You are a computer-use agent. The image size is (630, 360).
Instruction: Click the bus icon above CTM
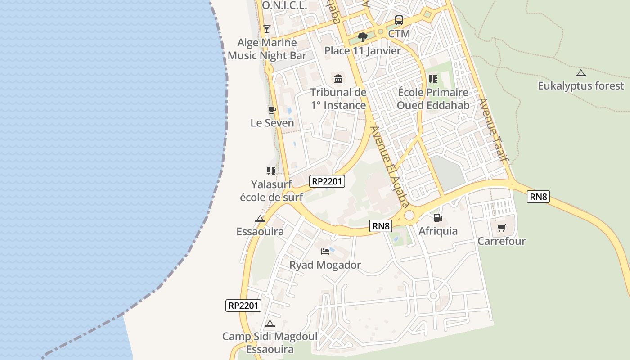pyautogui.click(x=399, y=20)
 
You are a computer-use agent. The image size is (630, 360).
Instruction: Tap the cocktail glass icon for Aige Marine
pyautogui.click(x=267, y=29)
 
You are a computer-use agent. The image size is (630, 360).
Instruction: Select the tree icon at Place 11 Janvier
pyautogui.click(x=362, y=37)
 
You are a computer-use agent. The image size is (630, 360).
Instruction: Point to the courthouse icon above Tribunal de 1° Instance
pyautogui.click(x=338, y=79)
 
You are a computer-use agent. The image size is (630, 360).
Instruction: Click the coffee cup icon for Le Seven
pyautogui.click(x=272, y=110)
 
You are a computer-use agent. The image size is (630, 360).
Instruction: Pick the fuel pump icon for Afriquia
pyautogui.click(x=438, y=218)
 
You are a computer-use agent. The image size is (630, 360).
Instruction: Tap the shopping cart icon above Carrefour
pyautogui.click(x=501, y=228)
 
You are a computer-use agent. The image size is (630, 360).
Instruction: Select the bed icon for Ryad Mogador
pyautogui.click(x=325, y=252)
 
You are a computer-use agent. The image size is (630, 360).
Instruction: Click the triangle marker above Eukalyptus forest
pyautogui.click(x=581, y=73)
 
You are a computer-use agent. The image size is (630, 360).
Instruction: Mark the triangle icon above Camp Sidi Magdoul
pyautogui.click(x=270, y=324)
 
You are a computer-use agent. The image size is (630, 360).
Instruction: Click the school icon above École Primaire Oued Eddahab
pyautogui.click(x=433, y=79)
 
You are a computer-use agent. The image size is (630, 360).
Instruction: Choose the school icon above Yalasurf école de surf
pyautogui.click(x=271, y=171)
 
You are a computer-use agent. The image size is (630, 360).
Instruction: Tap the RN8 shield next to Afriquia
pyautogui.click(x=381, y=226)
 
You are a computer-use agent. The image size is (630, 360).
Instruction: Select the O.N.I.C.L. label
pyautogui.click(x=284, y=5)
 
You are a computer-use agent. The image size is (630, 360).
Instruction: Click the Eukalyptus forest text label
pyautogui.click(x=581, y=85)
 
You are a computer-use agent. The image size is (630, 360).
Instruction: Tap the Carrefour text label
pyautogui.click(x=501, y=241)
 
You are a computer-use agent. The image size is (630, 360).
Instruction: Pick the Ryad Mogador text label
pyautogui.click(x=325, y=265)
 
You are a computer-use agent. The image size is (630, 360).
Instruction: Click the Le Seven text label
pyautogui.click(x=272, y=123)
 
